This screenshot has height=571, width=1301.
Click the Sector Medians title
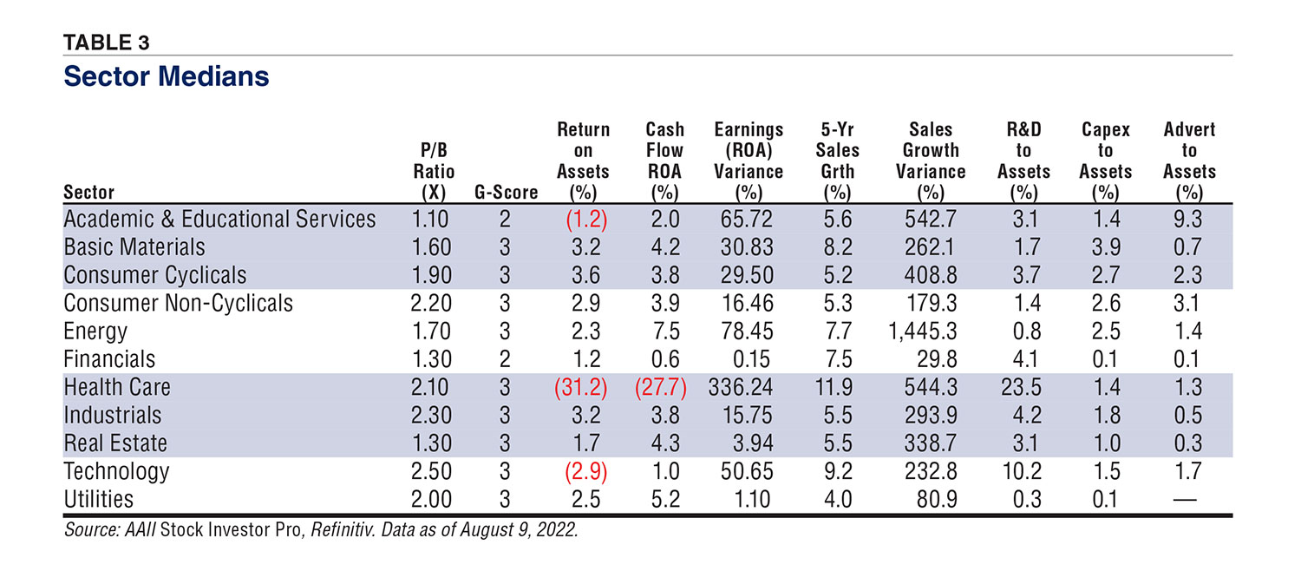pyautogui.click(x=167, y=76)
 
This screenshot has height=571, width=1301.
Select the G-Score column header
pyautogui.click(x=507, y=193)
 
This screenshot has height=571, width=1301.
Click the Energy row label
pyautogui.click(x=95, y=331)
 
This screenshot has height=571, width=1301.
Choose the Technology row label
pyautogui.click(x=116, y=471)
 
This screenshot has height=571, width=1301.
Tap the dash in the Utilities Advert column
pyautogui.click(x=1189, y=499)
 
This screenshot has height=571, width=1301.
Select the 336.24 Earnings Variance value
pyautogui.click(x=748, y=387)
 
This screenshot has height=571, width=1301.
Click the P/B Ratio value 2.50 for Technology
pyautogui.click(x=433, y=471)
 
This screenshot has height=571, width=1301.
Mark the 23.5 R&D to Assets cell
pyautogui.click(x=1023, y=387)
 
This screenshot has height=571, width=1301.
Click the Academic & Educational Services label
pyautogui.click(x=220, y=219)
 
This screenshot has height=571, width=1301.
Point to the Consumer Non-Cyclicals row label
pyautogui.click(x=179, y=303)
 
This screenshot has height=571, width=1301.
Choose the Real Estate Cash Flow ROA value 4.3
pyautogui.click(x=664, y=443)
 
